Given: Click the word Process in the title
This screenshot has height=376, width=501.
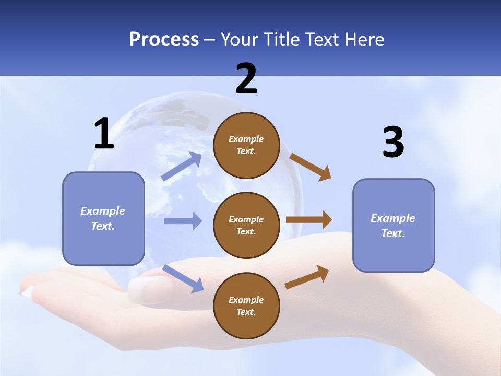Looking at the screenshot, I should pyautogui.click(x=164, y=39).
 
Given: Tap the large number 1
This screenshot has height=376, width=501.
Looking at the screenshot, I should pyautogui.click(x=104, y=134).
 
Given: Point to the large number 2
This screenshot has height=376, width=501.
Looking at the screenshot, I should pyautogui.click(x=246, y=79).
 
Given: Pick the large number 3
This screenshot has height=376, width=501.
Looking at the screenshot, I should pyautogui.click(x=393, y=142).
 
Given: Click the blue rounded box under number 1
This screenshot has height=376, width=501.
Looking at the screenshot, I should pyautogui.click(x=103, y=218).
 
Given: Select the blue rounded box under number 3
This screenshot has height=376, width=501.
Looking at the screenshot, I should pyautogui.click(x=393, y=226).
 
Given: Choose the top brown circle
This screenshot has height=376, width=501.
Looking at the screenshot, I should pyautogui.click(x=246, y=145).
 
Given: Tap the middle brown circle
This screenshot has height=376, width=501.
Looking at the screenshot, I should pyautogui.click(x=246, y=225).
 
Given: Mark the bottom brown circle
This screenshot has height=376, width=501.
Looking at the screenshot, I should pyautogui.click(x=246, y=305).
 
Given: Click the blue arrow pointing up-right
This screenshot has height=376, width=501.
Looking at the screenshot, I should pyautogui.click(x=182, y=167).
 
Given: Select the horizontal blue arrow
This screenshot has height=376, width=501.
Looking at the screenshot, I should pyautogui.click(x=183, y=221).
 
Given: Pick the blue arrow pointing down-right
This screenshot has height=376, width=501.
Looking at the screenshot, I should pyautogui.click(x=183, y=278).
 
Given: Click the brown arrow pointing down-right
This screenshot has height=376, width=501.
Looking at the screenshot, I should pyautogui.click(x=310, y=167).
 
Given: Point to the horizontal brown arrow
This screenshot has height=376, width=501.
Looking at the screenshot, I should pyautogui.click(x=309, y=219).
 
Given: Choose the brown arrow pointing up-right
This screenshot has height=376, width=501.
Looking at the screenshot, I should pyautogui.click(x=307, y=277).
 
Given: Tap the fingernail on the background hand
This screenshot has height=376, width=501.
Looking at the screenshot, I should pyautogui.click(x=142, y=290).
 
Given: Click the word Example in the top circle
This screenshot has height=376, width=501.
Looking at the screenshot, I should pyautogui.click(x=246, y=139).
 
